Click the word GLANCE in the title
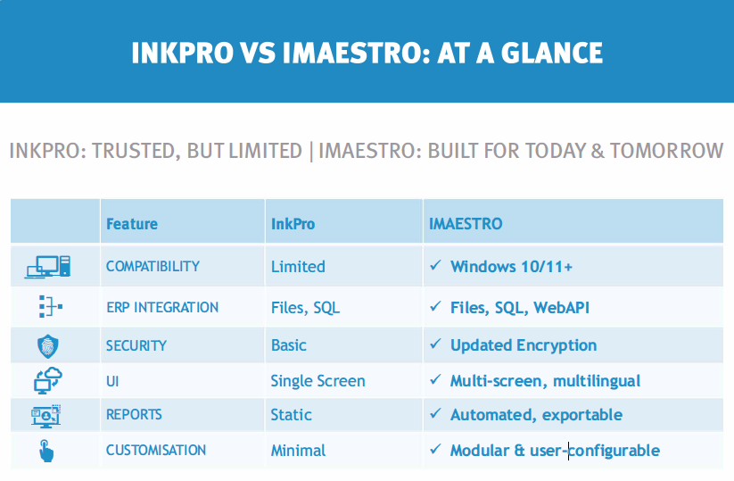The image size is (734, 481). click(x=552, y=53)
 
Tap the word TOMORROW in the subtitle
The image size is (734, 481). click(x=666, y=151)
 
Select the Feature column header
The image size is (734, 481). click(x=132, y=224)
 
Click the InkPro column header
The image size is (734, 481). click(x=293, y=224)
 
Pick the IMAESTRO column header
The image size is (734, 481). click(x=466, y=224)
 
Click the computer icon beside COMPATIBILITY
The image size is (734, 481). click(x=48, y=267)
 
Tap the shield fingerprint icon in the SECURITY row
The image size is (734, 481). click(x=48, y=346)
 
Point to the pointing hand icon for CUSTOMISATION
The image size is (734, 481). click(x=45, y=451)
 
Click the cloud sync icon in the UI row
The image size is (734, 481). click(x=48, y=380)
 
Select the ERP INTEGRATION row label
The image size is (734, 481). click(x=162, y=307)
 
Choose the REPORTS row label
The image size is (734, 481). click(x=134, y=414)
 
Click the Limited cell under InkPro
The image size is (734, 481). click(x=298, y=267)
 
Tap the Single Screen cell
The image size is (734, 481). click(x=318, y=381)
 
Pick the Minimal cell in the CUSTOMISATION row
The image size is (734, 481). click(x=298, y=451)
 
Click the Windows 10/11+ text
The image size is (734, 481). click(x=511, y=267)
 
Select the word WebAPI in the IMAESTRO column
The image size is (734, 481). click(x=562, y=308)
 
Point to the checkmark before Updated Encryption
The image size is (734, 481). click(x=435, y=344)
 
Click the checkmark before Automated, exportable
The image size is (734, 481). click(x=435, y=413)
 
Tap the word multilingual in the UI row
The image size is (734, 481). click(x=597, y=381)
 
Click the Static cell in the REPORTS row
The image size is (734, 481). click(x=291, y=415)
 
